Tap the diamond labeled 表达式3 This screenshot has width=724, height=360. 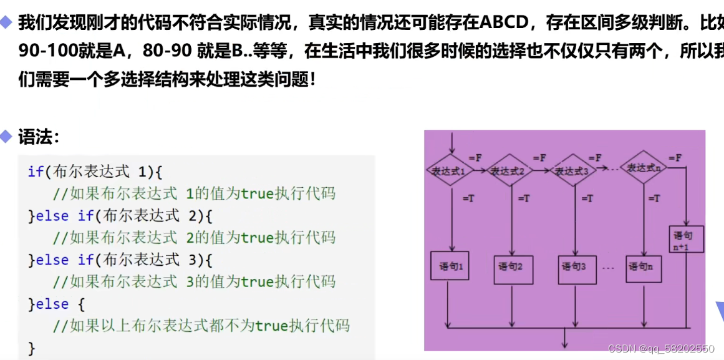point(572,170)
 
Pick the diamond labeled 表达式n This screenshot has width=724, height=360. point(645,168)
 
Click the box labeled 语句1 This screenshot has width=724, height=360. point(450,267)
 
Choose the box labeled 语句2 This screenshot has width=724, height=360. point(511,267)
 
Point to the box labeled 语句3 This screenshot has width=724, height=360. point(574,267)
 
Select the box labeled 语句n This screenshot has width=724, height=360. point(643,267)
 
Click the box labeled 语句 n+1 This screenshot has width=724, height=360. point(686,240)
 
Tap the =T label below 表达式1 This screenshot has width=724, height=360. point(470,198)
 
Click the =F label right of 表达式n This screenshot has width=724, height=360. point(675,157)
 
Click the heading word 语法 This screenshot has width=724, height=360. point(39,137)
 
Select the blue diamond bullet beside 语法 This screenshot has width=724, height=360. point(7,137)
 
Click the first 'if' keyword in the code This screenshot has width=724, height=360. point(35,172)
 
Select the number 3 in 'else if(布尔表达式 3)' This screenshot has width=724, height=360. point(191,260)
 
